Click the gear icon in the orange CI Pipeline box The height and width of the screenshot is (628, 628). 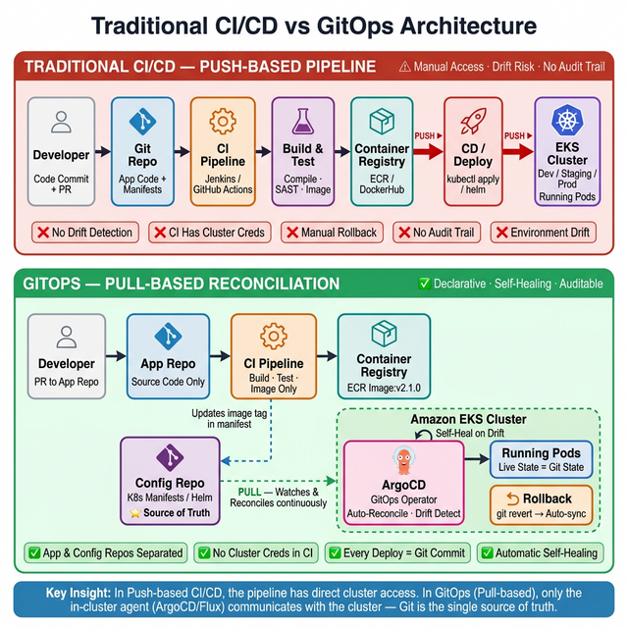[223, 122]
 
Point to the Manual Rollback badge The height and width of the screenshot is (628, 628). [332, 233]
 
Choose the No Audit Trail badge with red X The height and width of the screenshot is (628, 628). [436, 233]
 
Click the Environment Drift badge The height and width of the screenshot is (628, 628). [543, 233]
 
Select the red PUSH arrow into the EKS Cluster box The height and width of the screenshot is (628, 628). [517, 151]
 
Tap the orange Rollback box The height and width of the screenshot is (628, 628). [541, 505]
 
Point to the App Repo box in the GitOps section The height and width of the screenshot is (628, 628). [168, 354]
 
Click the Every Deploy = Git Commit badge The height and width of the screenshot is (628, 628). [397, 552]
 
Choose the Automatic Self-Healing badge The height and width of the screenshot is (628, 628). [540, 552]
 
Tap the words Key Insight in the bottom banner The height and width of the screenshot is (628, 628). [81, 593]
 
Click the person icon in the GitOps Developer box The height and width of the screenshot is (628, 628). [67, 337]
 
